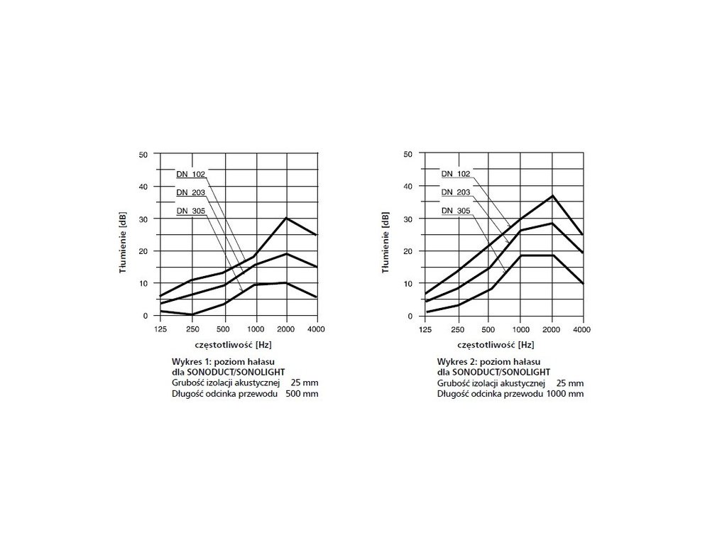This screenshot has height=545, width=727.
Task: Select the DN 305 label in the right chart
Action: tap(455, 211)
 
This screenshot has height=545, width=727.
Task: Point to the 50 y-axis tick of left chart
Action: tap(143, 154)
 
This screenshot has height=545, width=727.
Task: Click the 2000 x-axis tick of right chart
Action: tap(552, 329)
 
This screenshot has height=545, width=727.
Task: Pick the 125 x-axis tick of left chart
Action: tap(161, 329)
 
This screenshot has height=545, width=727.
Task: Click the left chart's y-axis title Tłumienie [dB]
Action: tap(122, 234)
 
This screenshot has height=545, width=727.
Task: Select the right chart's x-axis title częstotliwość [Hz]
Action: tap(496, 345)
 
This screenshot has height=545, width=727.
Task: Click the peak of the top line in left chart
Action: tap(286, 218)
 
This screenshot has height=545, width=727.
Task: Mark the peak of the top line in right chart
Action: tap(552, 195)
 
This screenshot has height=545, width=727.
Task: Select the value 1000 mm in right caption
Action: tap(566, 393)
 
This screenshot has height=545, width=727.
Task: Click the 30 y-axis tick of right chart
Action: tap(409, 219)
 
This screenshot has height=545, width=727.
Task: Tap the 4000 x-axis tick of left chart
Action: tap(317, 329)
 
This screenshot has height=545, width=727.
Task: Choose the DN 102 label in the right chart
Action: tap(455, 174)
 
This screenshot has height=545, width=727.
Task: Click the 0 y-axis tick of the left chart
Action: tap(146, 316)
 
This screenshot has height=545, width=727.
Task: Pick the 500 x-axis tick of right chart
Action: tap(488, 329)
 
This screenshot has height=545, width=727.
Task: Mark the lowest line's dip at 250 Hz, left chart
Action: tap(192, 314)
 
